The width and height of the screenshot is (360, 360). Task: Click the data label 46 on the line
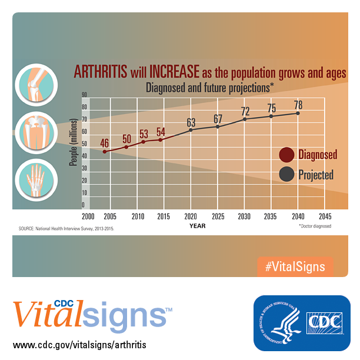(x=105, y=143)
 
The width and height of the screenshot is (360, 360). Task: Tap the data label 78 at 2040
(x=299, y=105)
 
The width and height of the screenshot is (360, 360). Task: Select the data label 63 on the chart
(x=191, y=122)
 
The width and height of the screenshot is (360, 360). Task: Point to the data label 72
(x=245, y=111)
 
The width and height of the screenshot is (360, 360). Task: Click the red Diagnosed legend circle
(x=286, y=155)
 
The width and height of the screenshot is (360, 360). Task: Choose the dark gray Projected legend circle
(x=286, y=174)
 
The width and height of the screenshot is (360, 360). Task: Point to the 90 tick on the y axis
(x=85, y=95)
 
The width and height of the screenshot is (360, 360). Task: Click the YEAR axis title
(x=197, y=225)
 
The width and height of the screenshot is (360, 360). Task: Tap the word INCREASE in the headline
(x=175, y=72)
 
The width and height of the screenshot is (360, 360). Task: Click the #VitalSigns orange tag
(x=295, y=266)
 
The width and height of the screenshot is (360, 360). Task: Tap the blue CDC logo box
(x=301, y=323)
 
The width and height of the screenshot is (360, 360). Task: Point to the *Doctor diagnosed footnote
(x=315, y=226)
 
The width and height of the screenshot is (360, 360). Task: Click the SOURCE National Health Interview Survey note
(x=66, y=228)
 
